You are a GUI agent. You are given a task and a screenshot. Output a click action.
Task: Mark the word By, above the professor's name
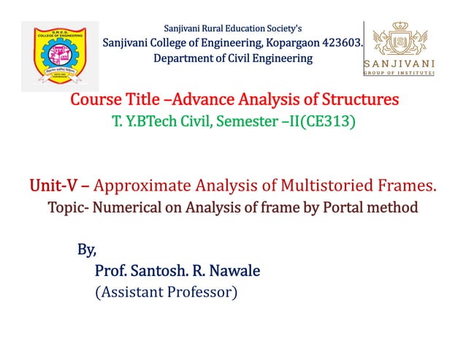(x=87, y=250)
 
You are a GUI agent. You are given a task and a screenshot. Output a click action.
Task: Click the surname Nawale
(x=234, y=272)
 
